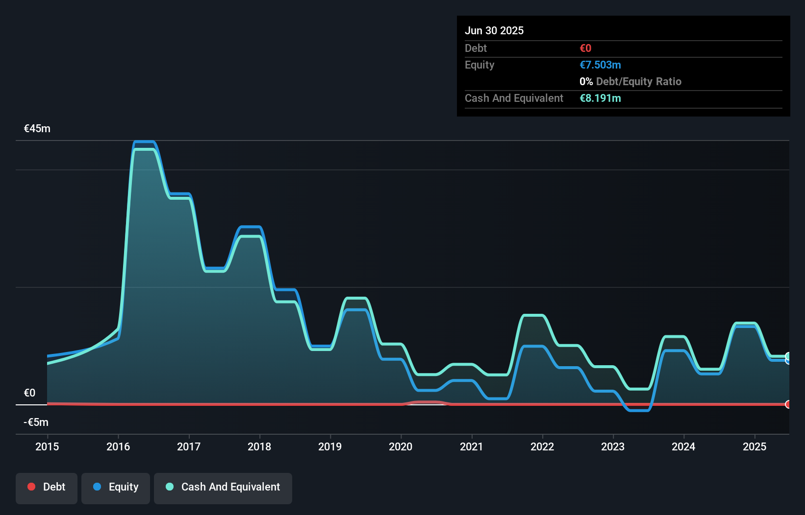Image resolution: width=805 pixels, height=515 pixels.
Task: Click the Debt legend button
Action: click(47, 488)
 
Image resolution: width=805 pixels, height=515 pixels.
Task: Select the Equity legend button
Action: click(116, 488)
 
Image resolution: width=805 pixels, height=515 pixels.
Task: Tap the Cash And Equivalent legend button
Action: click(223, 488)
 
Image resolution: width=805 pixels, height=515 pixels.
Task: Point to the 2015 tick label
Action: click(47, 446)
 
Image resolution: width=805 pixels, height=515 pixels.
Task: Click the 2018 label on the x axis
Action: click(259, 446)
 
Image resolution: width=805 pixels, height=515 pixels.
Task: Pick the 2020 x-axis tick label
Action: click(401, 446)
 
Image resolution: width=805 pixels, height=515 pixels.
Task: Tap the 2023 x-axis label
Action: click(613, 446)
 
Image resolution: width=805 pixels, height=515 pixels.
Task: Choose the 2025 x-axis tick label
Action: click(754, 446)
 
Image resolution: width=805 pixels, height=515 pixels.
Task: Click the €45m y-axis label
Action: click(37, 129)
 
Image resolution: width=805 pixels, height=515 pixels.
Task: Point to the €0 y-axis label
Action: click(29, 393)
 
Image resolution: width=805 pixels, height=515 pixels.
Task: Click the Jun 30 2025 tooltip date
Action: click(494, 31)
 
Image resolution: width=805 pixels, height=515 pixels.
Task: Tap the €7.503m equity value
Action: click(600, 65)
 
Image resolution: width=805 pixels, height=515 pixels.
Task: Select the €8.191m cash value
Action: click(600, 98)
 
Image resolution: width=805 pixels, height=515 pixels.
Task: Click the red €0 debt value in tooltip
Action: click(585, 48)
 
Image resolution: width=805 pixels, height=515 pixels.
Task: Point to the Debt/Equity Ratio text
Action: click(638, 82)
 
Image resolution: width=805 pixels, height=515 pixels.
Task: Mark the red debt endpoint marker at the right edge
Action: click(788, 404)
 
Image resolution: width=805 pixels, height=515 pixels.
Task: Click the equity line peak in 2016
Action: click(145, 142)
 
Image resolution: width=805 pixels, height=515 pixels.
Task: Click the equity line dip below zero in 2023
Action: click(638, 410)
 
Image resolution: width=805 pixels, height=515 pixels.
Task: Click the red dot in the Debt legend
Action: click(31, 487)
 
